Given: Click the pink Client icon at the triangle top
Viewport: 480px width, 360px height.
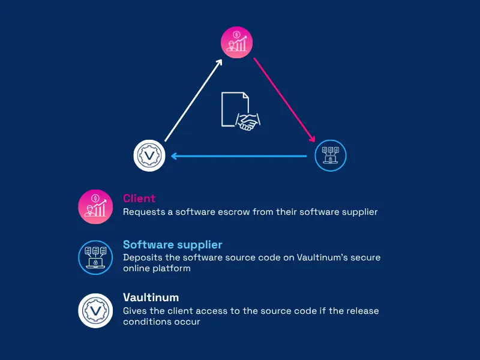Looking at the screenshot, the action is (x=236, y=42).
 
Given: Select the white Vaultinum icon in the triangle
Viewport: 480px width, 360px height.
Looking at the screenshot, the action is (x=149, y=155).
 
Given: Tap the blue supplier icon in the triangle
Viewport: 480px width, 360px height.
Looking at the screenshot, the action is (x=331, y=155).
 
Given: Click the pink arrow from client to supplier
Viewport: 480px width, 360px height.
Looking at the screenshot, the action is (x=284, y=100).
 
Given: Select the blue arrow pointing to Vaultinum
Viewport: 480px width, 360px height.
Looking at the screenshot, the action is (x=239, y=156).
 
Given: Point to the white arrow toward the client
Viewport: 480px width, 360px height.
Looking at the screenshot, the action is (x=193, y=100).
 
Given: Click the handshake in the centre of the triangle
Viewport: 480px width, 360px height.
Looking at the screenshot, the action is (x=248, y=122).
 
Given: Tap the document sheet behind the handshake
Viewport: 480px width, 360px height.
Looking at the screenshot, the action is (x=235, y=109).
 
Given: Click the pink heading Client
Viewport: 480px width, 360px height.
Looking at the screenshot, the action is (x=139, y=199).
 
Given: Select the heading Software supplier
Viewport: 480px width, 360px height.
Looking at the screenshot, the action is (x=173, y=245).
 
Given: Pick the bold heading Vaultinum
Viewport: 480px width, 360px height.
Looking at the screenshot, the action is (x=151, y=297).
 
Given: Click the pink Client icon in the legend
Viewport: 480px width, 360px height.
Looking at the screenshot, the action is (x=95, y=206).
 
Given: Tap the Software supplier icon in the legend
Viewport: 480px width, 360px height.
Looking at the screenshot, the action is (x=95, y=257).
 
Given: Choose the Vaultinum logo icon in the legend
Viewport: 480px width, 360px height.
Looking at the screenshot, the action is (x=95, y=311).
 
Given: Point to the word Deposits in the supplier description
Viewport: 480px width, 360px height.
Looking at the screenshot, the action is (x=143, y=258).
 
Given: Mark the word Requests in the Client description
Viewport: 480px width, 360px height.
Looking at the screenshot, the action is (x=144, y=212).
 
